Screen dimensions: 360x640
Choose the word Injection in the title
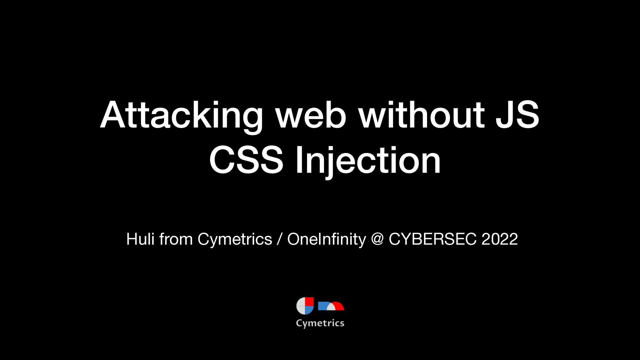pos(368,160)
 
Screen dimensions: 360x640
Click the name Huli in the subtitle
pos(140,239)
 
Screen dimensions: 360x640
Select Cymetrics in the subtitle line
pos(235,239)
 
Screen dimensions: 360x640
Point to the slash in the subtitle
pos(279,239)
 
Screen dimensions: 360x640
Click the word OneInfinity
pos(326,239)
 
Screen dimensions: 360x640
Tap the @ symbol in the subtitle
pos(377,239)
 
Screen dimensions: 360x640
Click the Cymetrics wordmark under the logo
pos(320,323)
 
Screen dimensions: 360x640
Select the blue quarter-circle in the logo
pos(309,310)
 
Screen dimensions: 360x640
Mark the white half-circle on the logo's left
pos(301,306)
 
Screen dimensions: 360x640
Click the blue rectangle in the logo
pos(323,306)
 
